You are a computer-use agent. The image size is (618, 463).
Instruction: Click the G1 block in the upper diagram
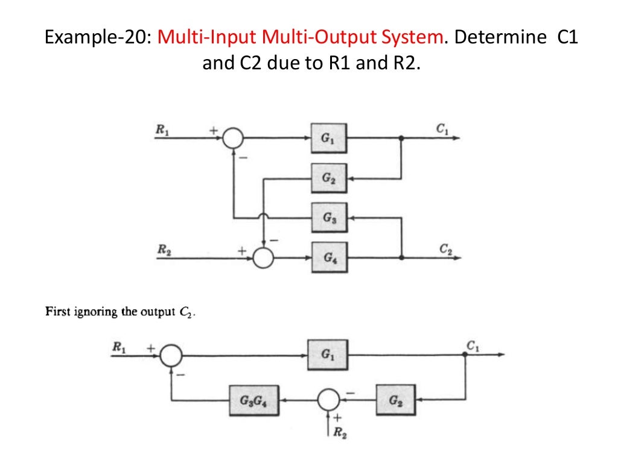click(x=329, y=138)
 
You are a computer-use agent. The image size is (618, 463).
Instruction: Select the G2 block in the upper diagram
click(x=329, y=178)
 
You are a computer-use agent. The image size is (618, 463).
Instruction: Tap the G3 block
click(x=329, y=218)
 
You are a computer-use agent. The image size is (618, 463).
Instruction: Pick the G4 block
click(x=329, y=257)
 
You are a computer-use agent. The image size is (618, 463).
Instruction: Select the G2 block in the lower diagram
click(x=395, y=400)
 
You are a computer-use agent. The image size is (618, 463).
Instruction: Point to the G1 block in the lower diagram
click(x=327, y=354)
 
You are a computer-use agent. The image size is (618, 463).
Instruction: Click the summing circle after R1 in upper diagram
click(x=233, y=138)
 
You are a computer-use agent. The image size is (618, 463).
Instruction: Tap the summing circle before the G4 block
click(x=263, y=257)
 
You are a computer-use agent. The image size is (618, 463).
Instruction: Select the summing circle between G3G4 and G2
click(x=328, y=400)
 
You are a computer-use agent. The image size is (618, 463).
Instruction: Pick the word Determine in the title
click(x=499, y=37)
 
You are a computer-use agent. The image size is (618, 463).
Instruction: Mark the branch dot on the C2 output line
click(x=402, y=257)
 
